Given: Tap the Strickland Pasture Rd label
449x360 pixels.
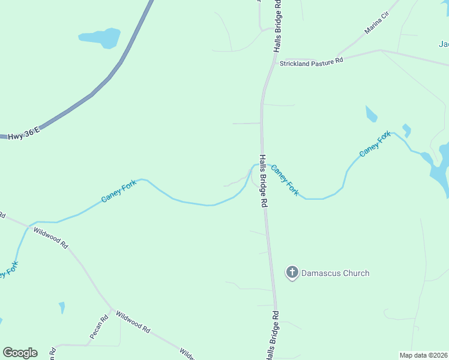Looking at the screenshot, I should click(x=311, y=62).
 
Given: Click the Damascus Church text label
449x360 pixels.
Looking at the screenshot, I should click(x=335, y=273).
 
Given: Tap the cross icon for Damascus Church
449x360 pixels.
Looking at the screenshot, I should click(x=292, y=273).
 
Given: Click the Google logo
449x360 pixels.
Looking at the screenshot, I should click(x=20, y=353).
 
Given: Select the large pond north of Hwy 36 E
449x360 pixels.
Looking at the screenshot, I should click(x=101, y=38).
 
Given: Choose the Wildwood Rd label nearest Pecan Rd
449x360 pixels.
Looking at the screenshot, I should click(x=133, y=322).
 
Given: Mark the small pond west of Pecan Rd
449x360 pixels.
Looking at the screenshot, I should click(x=62, y=308).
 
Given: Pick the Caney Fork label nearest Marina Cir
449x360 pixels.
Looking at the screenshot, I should click(x=375, y=144).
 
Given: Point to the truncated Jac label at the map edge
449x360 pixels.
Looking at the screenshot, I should click(x=444, y=44).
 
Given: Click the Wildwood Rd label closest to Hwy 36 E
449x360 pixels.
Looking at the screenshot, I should click(x=51, y=238).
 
